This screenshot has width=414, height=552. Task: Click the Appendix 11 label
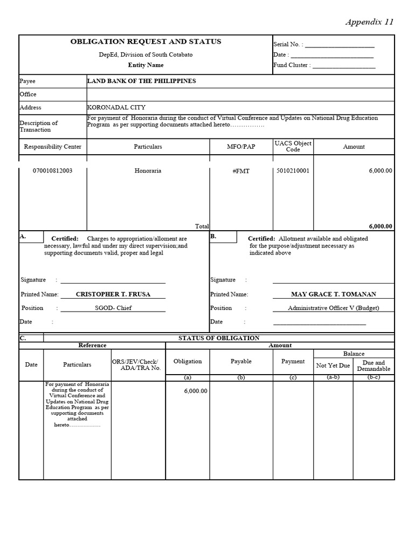pos(369,22)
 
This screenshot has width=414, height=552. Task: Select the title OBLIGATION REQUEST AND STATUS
pos(146,42)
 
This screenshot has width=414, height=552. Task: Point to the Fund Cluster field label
pos(292,65)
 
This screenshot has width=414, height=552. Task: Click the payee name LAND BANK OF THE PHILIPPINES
pos(142,81)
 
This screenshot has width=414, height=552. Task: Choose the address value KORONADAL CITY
pos(116,107)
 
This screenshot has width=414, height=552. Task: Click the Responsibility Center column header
pos(53,147)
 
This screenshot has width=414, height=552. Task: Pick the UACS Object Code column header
pos(293,146)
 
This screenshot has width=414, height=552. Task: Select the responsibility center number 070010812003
pos(53,171)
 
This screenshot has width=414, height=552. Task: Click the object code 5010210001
pos(293,171)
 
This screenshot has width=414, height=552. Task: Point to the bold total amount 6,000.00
pos(381,226)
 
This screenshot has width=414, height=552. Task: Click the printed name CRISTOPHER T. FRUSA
pos(113,294)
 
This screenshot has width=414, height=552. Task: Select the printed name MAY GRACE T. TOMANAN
pos(334,294)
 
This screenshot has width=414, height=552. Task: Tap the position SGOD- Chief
pos(113,308)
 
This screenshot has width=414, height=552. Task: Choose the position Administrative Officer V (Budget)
pos(334,308)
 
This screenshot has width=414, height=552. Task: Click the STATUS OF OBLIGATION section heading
pos(219,338)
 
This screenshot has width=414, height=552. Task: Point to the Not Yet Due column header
pos(333,365)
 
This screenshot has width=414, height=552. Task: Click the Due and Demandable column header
pos(374,366)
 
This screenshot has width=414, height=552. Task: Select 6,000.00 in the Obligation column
pos(196,391)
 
